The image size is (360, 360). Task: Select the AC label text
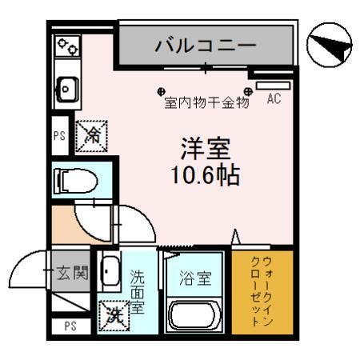click(274, 100)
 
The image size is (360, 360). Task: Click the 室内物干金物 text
click(206, 103)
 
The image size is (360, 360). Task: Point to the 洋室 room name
click(205, 150)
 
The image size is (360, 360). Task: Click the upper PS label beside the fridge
click(59, 136)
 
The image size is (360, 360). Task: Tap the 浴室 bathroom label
click(194, 280)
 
